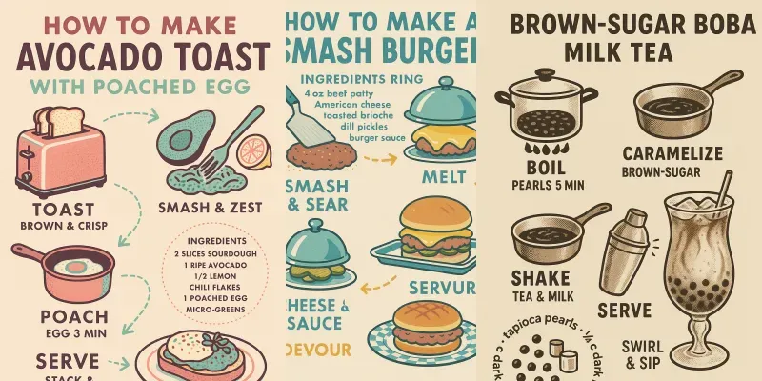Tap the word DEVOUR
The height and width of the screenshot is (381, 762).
(x=320, y=349)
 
